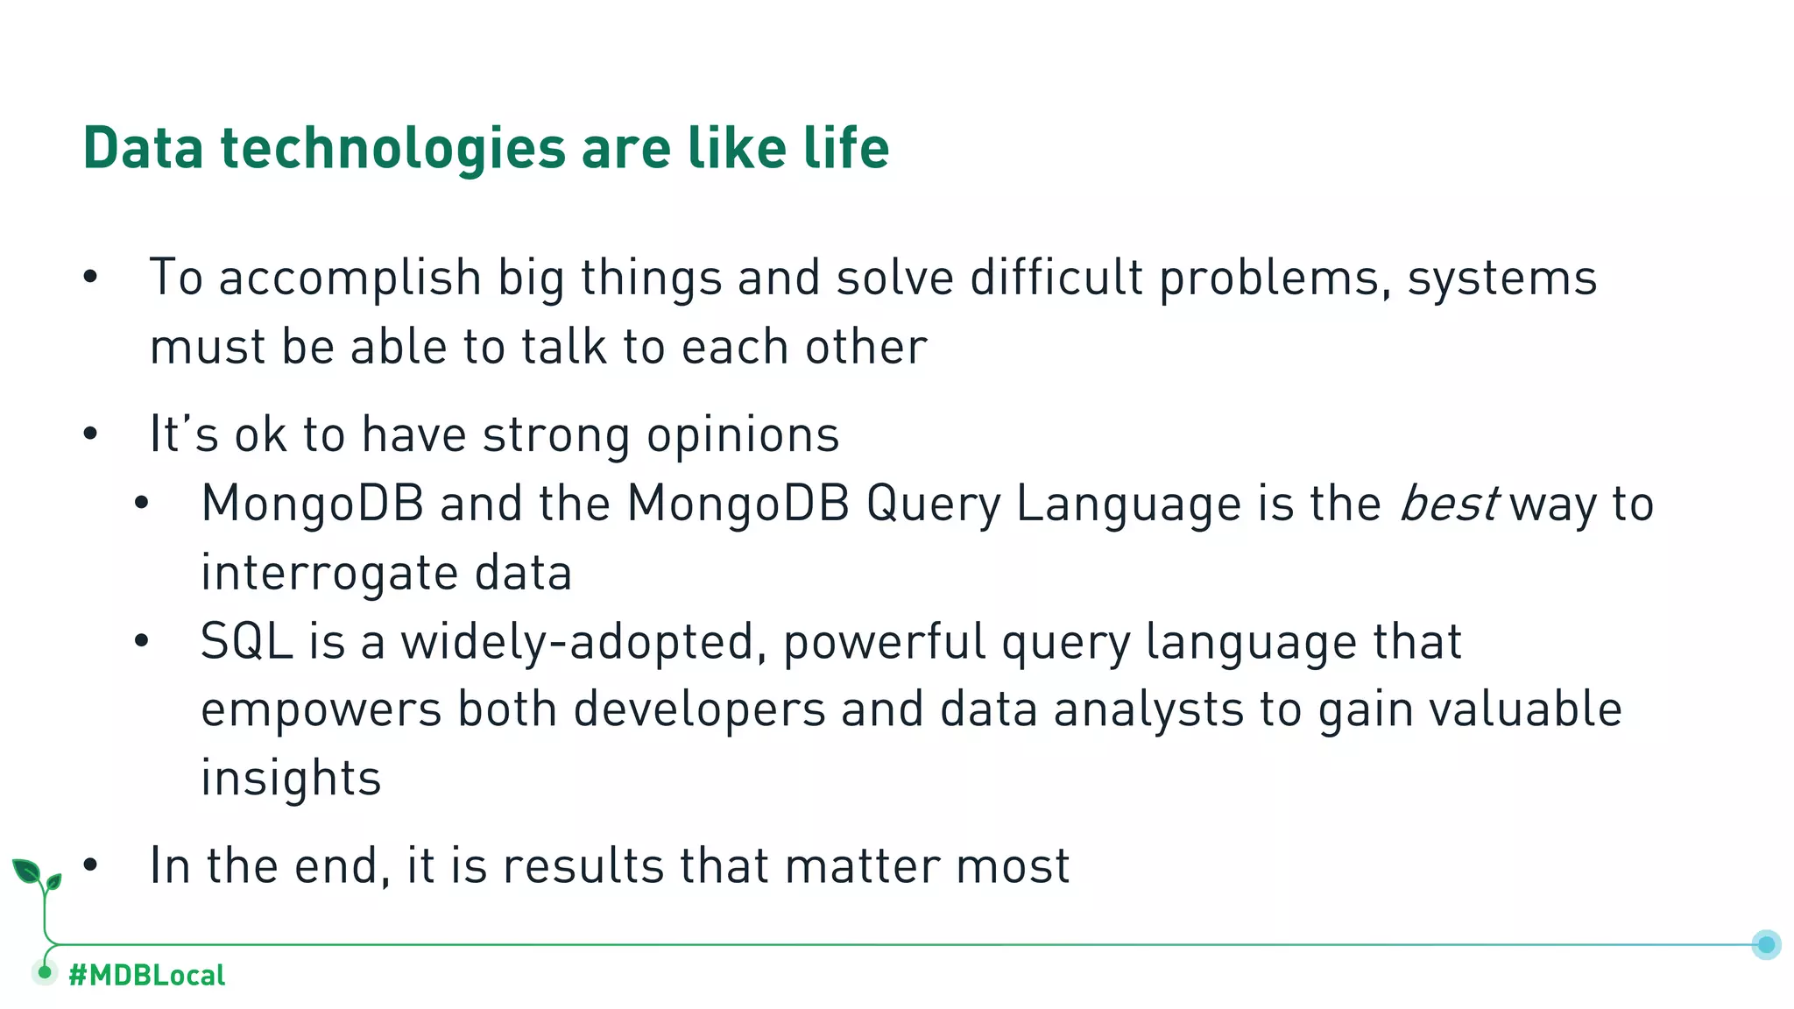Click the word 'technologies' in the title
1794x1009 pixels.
coord(392,148)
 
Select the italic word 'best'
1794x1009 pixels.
coord(1449,504)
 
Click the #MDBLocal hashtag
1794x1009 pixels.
coord(146,975)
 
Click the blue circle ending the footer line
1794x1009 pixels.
coord(1766,944)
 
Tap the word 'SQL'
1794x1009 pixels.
coord(246,641)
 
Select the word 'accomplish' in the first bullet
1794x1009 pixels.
coord(350,279)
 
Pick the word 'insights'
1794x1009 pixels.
coord(291,778)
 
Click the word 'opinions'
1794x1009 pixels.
coord(743,434)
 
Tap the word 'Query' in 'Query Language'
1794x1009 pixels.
coord(933,504)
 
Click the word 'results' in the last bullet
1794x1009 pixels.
coord(583,865)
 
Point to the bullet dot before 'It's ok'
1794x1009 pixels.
coord(90,434)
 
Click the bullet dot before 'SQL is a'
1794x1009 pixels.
coord(142,641)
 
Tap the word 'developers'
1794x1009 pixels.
coord(699,709)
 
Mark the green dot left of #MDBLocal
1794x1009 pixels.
coord(45,972)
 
